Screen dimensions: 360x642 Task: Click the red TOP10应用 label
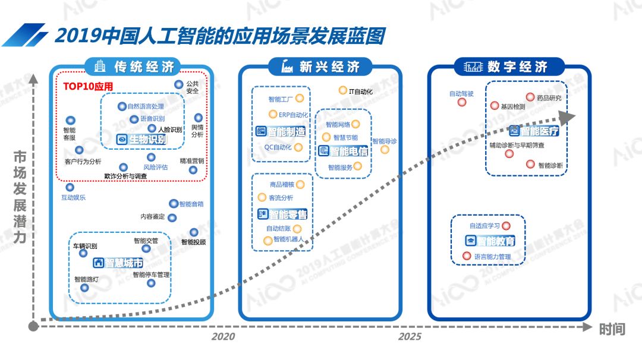coord(88,86)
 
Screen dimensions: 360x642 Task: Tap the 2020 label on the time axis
coord(223,337)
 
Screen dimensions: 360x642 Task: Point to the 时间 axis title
coord(612,329)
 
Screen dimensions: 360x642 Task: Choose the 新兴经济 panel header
coord(322,67)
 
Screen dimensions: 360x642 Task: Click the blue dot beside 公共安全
coord(178,85)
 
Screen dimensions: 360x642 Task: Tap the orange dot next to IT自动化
coord(342,90)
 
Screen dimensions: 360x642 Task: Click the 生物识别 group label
coord(142,140)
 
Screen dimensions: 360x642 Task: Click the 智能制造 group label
coord(281,131)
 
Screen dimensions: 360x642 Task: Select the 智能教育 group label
coord(490,241)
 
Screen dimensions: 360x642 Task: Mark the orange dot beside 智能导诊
coord(385,150)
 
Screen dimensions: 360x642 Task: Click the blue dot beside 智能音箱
coord(174,204)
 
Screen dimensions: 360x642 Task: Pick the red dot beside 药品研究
coord(530,97)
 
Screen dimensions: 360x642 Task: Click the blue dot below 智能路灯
coord(84,288)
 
